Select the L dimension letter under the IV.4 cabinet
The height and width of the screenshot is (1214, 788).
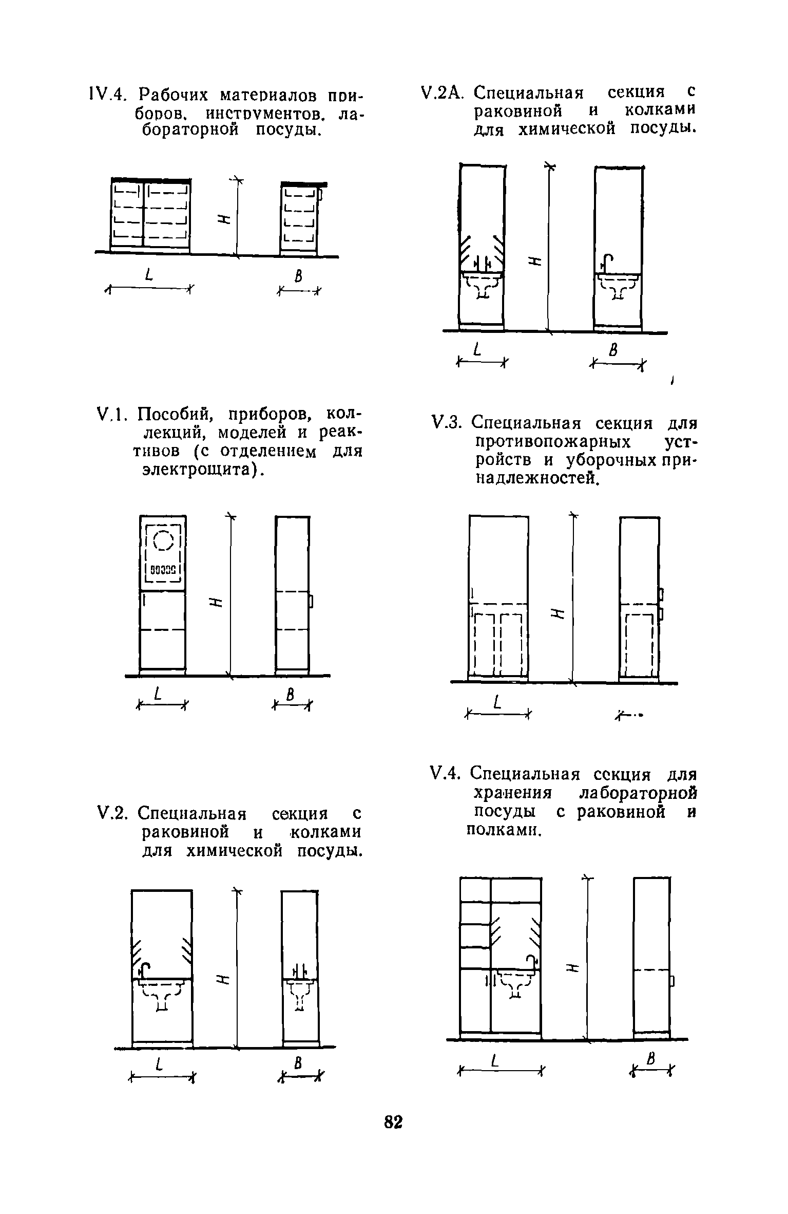pyautogui.click(x=149, y=276)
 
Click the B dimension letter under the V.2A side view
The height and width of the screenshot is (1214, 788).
pyautogui.click(x=612, y=351)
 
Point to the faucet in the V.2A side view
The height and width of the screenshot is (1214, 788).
pyautogui.click(x=607, y=263)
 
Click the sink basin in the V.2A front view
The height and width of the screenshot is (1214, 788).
pyautogui.click(x=482, y=284)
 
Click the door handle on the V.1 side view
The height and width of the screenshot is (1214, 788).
pyautogui.click(x=311, y=601)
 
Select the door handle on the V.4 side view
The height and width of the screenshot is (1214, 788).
pyautogui.click(x=671, y=981)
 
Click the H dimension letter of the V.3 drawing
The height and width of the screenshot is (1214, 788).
pyautogui.click(x=558, y=613)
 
